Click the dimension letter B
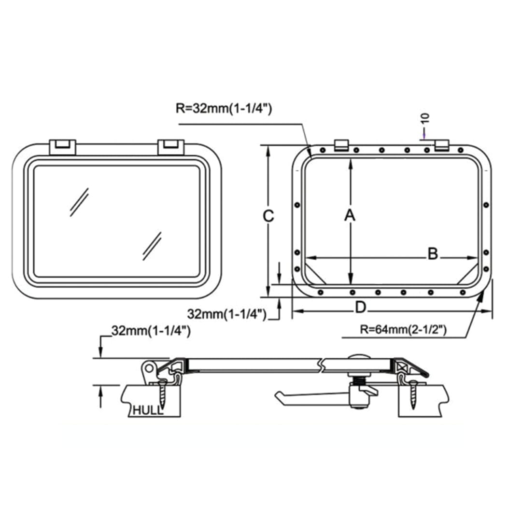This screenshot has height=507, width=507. pyautogui.click(x=433, y=253)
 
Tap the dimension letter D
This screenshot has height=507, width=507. pyautogui.click(x=360, y=307)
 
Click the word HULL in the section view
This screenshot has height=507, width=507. pyautogui.click(x=148, y=411)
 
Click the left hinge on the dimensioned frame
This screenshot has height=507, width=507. pyautogui.click(x=342, y=145)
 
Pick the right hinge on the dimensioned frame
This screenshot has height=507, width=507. pyautogui.click(x=441, y=145)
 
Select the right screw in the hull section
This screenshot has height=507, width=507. pyautogui.click(x=413, y=394)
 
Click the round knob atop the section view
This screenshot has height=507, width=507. pyautogui.click(x=360, y=356)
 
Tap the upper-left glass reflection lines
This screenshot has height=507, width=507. pyautogui.click(x=79, y=201)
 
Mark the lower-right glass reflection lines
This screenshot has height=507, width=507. pyautogui.click(x=152, y=245)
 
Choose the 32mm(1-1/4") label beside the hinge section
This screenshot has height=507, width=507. pyautogui.click(x=150, y=331)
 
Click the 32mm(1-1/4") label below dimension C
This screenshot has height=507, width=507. pyautogui.click(x=227, y=314)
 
